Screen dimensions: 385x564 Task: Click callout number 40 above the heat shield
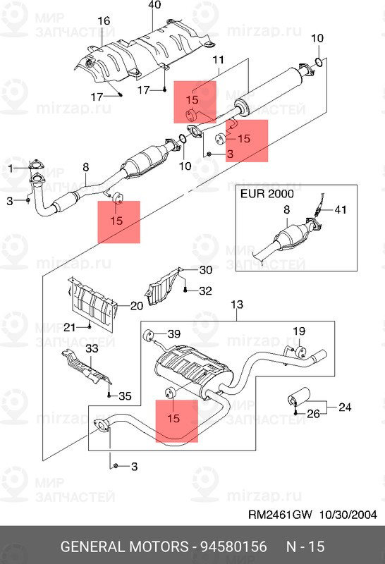click(x=154, y=5)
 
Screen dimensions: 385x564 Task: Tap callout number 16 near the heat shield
click(x=104, y=21)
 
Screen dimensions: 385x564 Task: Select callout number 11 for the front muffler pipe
click(x=219, y=60)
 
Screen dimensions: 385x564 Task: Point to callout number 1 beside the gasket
click(x=11, y=168)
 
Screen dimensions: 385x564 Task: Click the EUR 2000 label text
click(x=267, y=194)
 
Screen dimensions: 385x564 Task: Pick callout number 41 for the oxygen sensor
click(x=341, y=209)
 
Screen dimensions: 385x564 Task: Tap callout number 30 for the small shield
click(x=206, y=269)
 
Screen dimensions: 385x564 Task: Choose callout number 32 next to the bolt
click(x=205, y=290)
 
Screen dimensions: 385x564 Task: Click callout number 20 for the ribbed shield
click(x=136, y=306)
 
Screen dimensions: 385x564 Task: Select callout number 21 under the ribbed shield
click(x=69, y=327)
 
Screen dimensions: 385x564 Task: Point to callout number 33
click(x=92, y=348)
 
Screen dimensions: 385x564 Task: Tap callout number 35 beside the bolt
click(x=125, y=396)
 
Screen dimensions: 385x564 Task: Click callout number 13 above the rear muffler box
click(x=237, y=305)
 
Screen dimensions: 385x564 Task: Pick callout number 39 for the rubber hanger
click(x=174, y=333)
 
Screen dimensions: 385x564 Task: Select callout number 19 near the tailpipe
click(x=299, y=331)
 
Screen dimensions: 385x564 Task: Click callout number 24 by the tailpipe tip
click(x=345, y=407)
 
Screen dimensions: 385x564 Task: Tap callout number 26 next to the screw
click(x=313, y=414)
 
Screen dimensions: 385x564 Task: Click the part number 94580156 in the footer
click(x=233, y=546)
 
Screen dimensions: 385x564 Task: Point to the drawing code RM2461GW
click(x=280, y=515)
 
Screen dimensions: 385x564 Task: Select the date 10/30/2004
click(x=348, y=515)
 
